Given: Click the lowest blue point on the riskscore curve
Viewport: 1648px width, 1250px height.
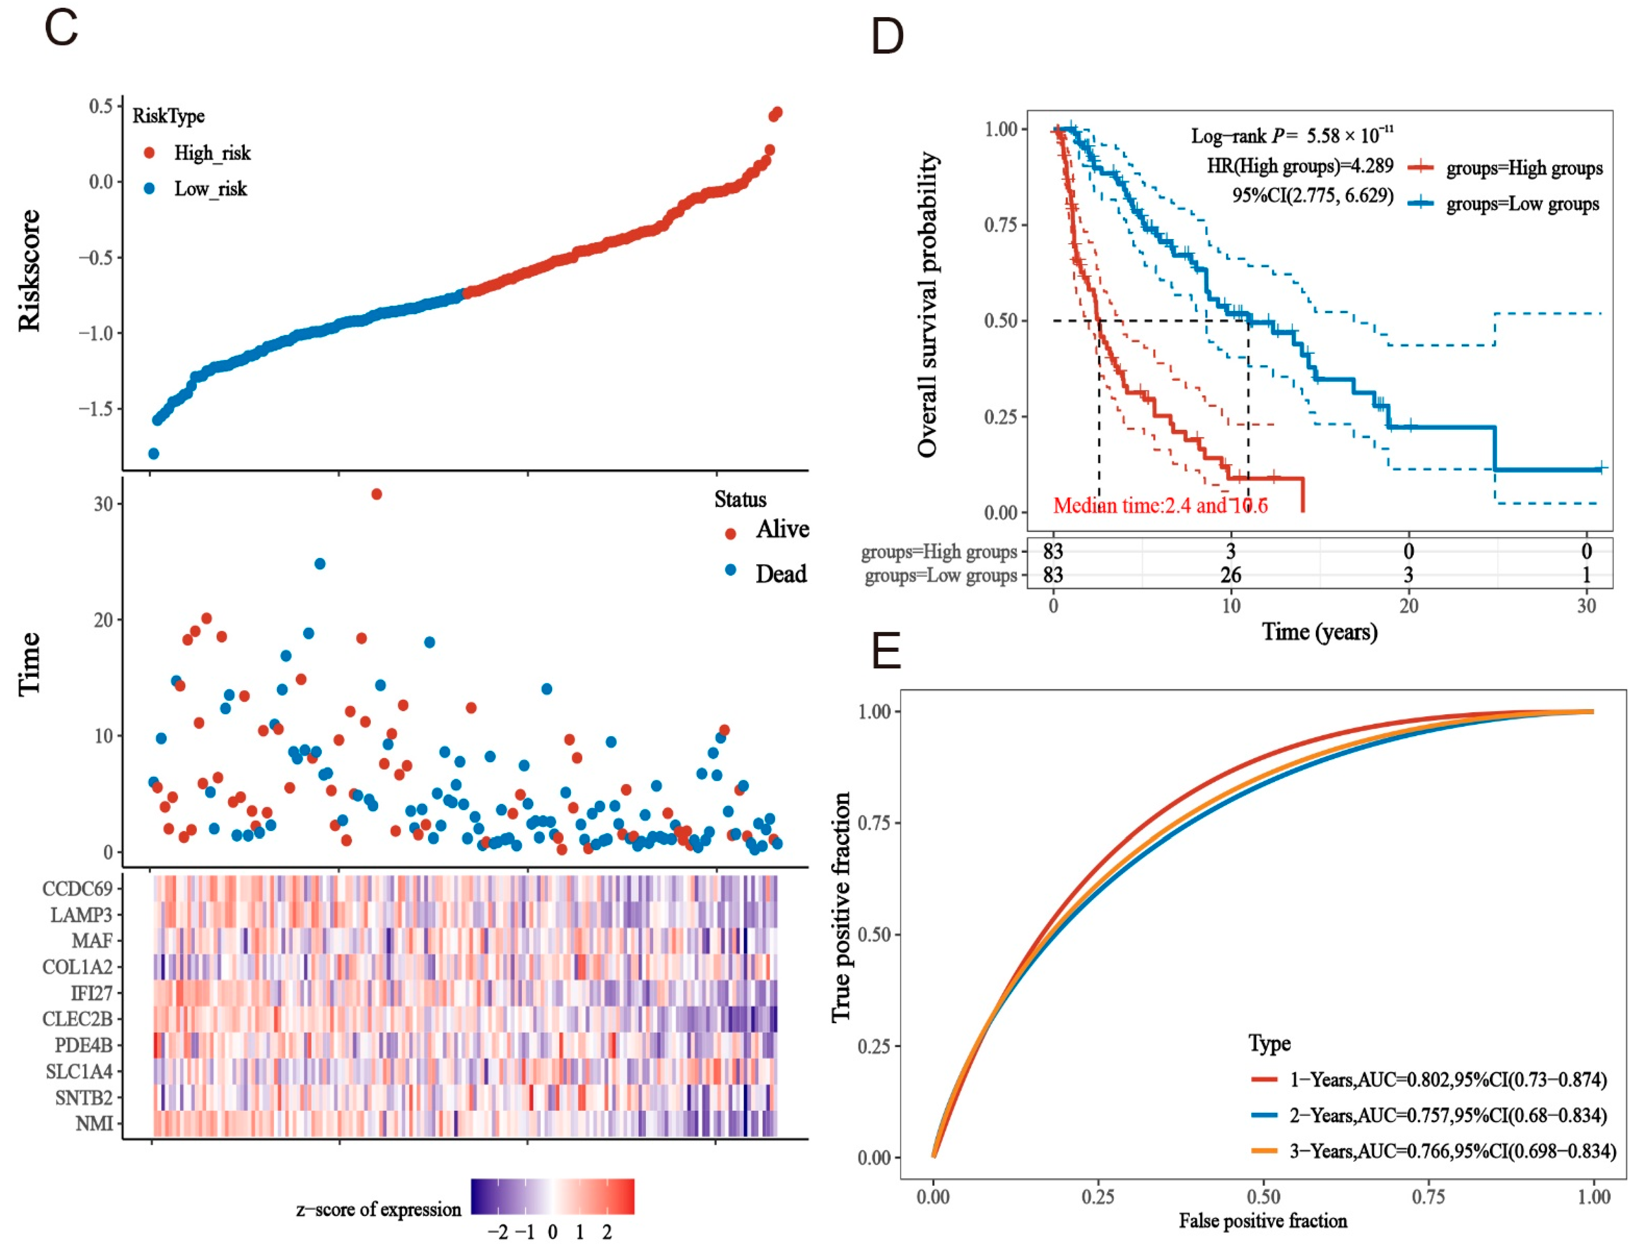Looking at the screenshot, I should coord(153,454).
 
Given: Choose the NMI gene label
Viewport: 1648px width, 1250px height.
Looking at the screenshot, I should coord(94,1123).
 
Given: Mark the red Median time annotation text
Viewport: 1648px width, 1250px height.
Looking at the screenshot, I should coord(1160,506).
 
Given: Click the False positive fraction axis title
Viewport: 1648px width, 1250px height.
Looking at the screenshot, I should coord(1263,1220).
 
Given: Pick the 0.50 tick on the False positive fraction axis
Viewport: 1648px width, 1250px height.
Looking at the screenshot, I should coord(1263,1197).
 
